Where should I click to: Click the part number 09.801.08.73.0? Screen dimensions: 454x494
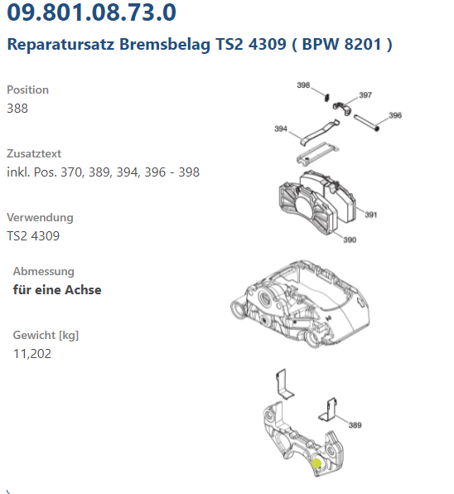(x=91, y=12)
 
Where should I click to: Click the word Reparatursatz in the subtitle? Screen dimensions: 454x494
(x=60, y=44)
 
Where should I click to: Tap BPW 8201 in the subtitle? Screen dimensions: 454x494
(x=341, y=43)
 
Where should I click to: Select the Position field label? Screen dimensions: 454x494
(x=27, y=90)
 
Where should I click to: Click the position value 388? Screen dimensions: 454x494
(x=17, y=109)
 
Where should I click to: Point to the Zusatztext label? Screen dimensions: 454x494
(x=34, y=153)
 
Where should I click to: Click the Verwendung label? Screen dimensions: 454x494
(x=40, y=218)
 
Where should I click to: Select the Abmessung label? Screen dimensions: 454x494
(x=43, y=272)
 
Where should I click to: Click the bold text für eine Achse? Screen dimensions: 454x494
(x=57, y=290)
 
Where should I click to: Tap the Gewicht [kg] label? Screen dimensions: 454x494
(x=46, y=335)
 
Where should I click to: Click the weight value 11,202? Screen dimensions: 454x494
(x=32, y=354)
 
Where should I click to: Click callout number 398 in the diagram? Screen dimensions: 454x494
(x=303, y=85)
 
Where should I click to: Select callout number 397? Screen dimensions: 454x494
(x=365, y=95)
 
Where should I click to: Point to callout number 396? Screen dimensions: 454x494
(x=395, y=115)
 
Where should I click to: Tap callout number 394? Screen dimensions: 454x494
(x=281, y=128)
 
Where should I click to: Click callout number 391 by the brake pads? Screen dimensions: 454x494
(x=371, y=215)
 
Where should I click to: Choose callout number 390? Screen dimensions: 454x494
(x=350, y=240)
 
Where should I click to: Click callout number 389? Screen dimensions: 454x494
(x=355, y=425)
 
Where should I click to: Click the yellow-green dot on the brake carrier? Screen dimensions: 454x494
(x=316, y=463)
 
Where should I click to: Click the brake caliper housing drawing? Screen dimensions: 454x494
(x=300, y=304)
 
